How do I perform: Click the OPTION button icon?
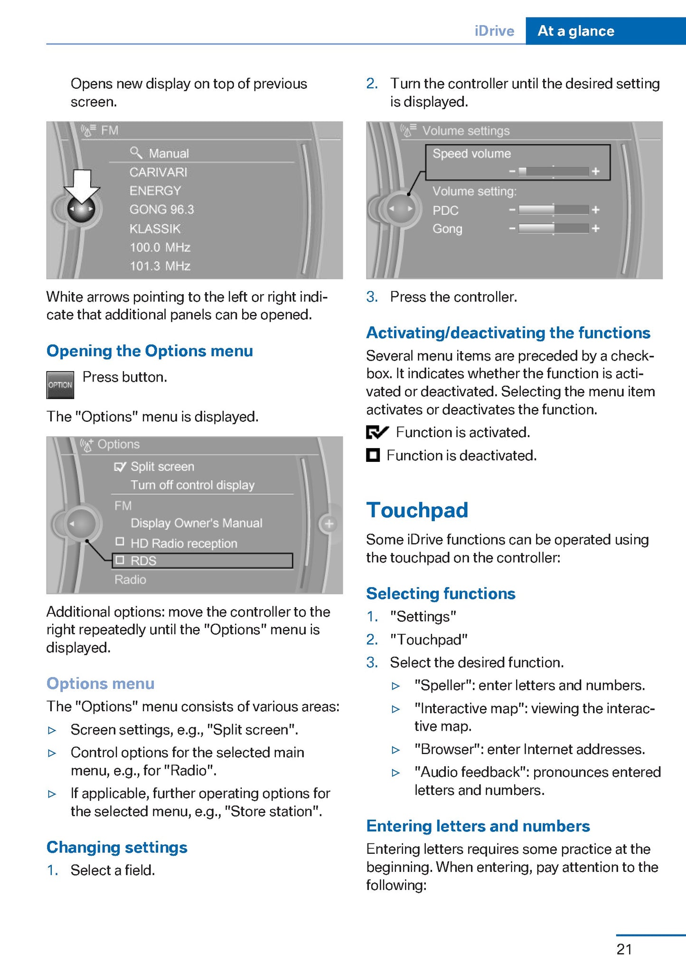[x=60, y=384]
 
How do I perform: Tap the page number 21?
[x=624, y=949]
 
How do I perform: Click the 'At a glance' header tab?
[x=576, y=31]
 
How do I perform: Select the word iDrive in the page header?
[x=494, y=31]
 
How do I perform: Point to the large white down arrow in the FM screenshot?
[x=82, y=185]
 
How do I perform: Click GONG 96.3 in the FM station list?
[x=162, y=210]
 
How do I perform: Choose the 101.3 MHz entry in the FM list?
[x=160, y=266]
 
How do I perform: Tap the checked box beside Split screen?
[x=120, y=467]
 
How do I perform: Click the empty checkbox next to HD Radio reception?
[x=120, y=542]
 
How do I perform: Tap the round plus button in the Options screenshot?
[x=329, y=524]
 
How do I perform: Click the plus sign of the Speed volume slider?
[x=596, y=171]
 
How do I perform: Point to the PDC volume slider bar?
[x=554, y=210]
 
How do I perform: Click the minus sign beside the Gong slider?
[x=512, y=229]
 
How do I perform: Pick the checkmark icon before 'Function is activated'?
[x=377, y=432]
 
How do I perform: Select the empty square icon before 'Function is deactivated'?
[x=373, y=455]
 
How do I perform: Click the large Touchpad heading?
[x=417, y=510]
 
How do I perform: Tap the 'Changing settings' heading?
[x=117, y=847]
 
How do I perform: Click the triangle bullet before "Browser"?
[x=395, y=750]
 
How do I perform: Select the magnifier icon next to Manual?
[x=136, y=153]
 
